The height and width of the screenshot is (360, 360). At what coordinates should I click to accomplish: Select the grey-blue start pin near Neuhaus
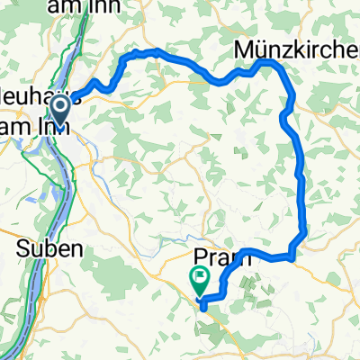pyautogui.click(x=61, y=112)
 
